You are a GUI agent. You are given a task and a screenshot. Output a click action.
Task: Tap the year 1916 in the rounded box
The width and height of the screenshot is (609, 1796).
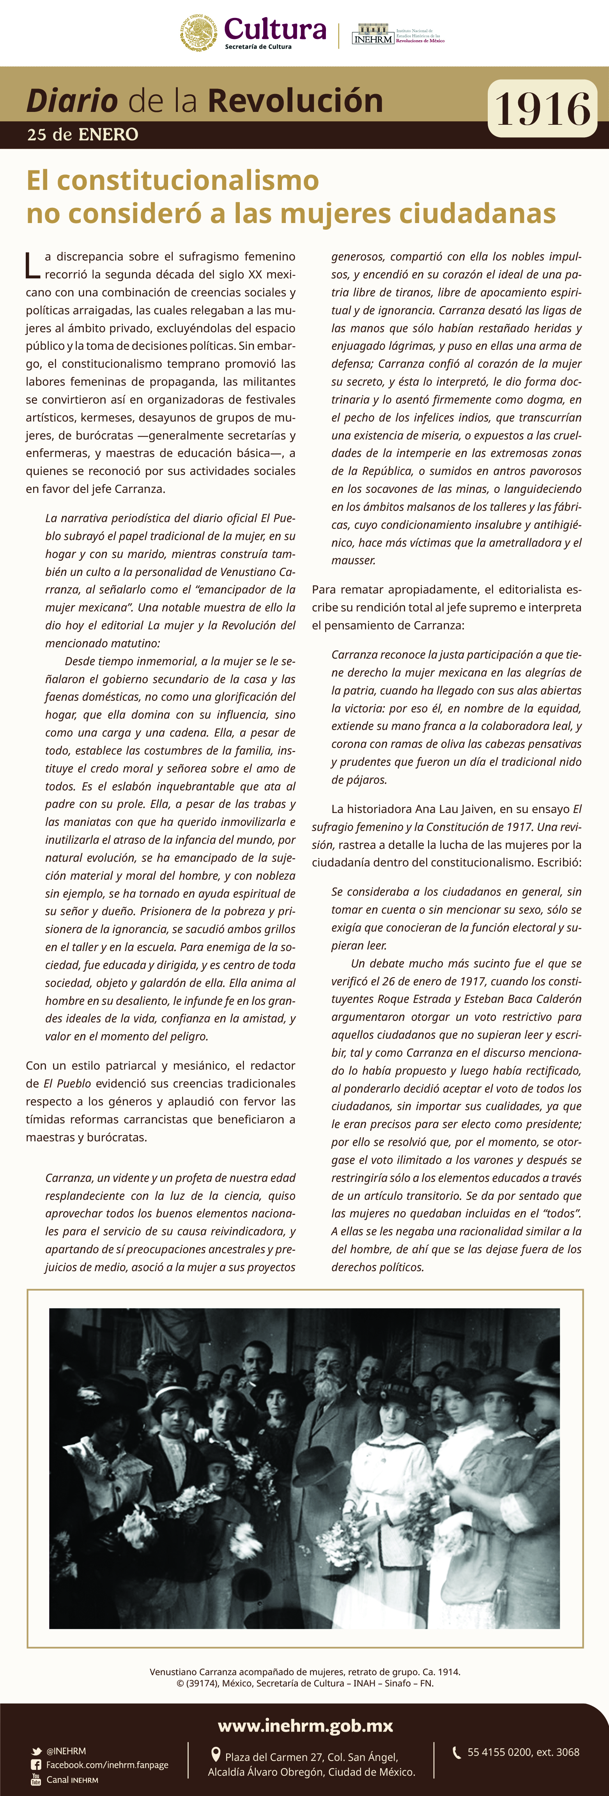pyautogui.click(x=542, y=109)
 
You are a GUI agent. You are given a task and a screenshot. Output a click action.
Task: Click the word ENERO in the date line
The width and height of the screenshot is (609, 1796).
pyautogui.click(x=108, y=135)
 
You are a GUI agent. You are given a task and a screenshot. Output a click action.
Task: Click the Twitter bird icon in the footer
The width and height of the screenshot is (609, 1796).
pyautogui.click(x=36, y=1751)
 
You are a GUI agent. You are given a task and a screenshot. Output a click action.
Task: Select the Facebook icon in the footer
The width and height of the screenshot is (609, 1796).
pyautogui.click(x=36, y=1765)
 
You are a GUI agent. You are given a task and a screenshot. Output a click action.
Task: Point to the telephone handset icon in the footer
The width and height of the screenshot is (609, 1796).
pyautogui.click(x=457, y=1752)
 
